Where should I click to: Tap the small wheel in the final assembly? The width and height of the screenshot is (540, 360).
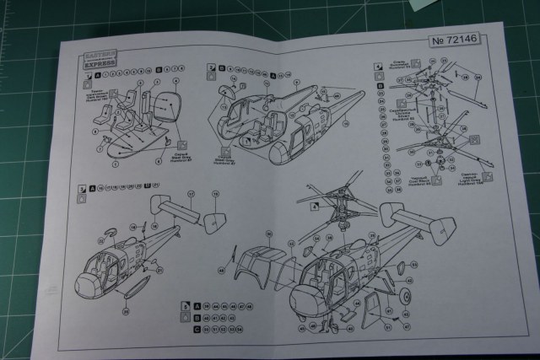coord(404,297)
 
